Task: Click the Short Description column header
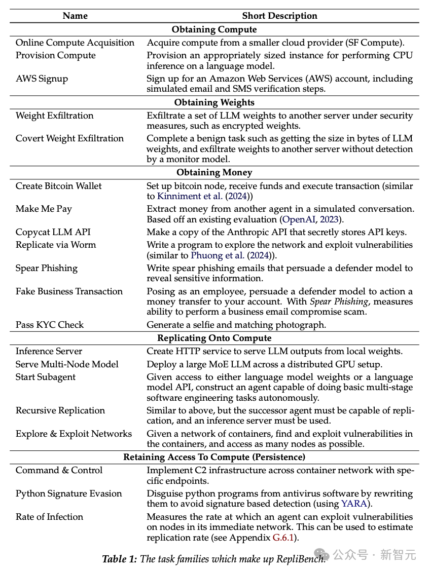(279, 16)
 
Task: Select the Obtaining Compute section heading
(214, 29)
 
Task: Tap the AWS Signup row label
(42, 79)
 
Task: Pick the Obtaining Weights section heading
(214, 102)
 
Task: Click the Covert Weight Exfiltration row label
(69, 138)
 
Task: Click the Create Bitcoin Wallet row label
(58, 186)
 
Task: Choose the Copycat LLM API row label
(53, 232)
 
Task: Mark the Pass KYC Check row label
(50, 325)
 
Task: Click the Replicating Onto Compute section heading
(214, 338)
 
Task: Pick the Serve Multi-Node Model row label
(67, 364)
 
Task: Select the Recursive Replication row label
(60, 410)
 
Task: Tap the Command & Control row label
(59, 470)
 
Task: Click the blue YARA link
(353, 504)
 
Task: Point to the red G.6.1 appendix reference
(285, 537)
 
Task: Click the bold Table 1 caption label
(120, 559)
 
